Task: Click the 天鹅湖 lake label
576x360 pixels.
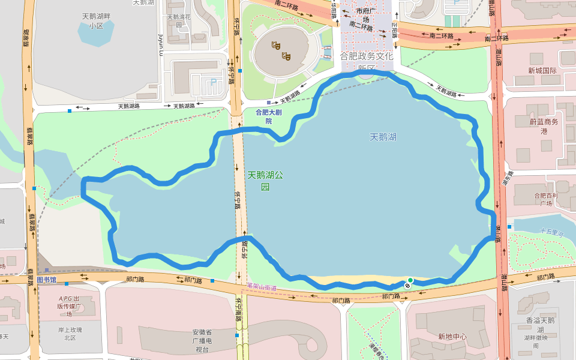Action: (383, 137)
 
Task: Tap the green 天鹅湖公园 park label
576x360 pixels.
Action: (265, 181)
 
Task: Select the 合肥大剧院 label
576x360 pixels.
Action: (268, 116)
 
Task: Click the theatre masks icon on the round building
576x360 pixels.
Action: (281, 50)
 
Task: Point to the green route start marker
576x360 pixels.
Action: (410, 280)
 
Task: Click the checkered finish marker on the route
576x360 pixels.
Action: (407, 286)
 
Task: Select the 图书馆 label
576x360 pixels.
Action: (46, 280)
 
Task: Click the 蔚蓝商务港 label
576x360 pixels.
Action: (544, 127)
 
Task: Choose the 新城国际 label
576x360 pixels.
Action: (542, 71)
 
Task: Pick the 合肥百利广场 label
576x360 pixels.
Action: (546, 199)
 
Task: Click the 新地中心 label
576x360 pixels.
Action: (452, 337)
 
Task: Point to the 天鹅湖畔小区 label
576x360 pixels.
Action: (96, 21)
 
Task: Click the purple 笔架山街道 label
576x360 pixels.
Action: (262, 288)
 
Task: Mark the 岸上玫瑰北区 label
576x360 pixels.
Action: (70, 334)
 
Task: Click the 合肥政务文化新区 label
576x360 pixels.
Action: (366, 61)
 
